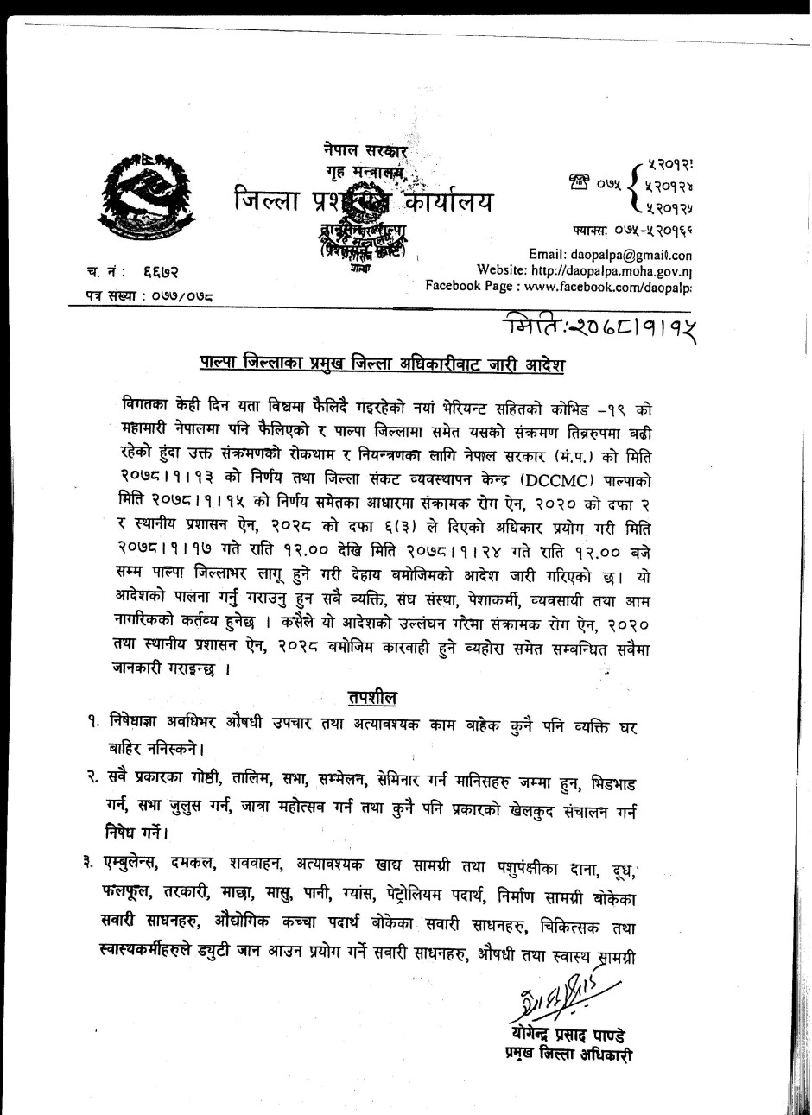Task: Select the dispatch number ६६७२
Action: click(x=162, y=272)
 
